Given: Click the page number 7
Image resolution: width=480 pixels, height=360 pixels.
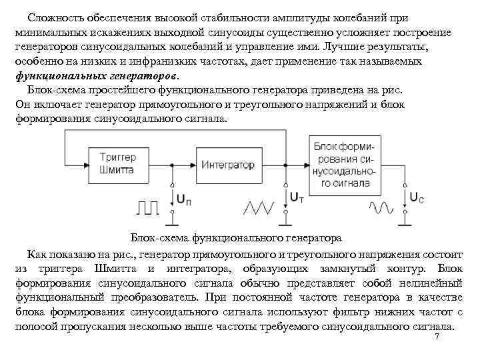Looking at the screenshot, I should click(x=437, y=337).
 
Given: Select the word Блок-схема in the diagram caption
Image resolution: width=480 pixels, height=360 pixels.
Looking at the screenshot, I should click(x=158, y=237).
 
